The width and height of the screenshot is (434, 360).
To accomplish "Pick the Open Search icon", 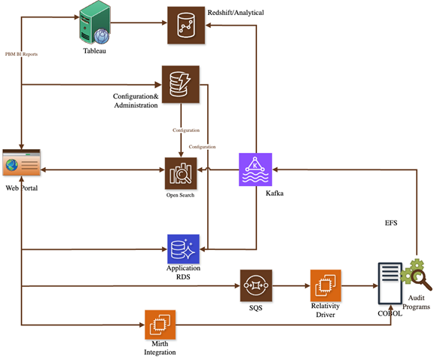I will click(181, 172).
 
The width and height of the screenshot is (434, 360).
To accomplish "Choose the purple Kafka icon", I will click(254, 169).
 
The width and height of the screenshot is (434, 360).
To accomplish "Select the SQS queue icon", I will click(255, 286).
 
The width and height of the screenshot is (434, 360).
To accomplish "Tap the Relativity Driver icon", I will click(325, 286).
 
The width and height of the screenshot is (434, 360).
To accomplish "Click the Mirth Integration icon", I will click(160, 325).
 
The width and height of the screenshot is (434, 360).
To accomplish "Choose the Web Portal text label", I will click(22, 188).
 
